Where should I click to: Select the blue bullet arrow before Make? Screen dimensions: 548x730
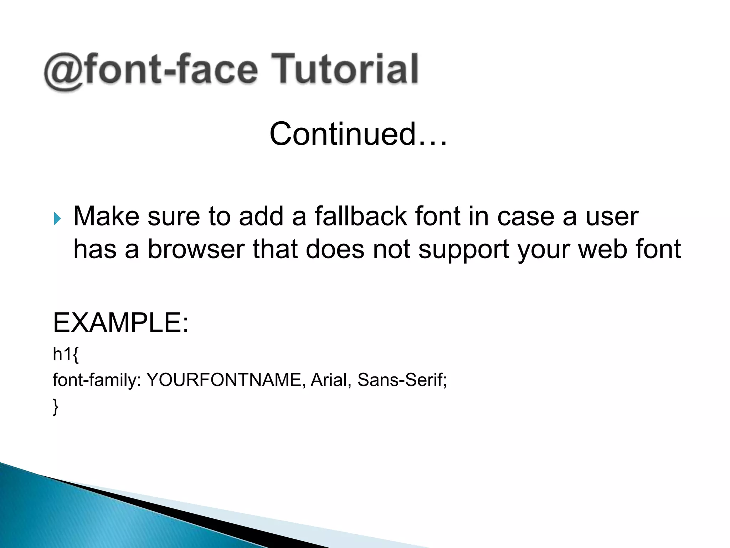pyautogui.click(x=57, y=218)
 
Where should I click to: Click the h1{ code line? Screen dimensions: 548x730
pyautogui.click(x=66, y=354)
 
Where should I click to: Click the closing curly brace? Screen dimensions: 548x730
pyautogui.click(x=56, y=407)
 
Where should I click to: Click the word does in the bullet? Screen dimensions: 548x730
pyautogui.click(x=335, y=249)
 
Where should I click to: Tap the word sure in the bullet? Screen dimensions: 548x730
pyautogui.click(x=174, y=217)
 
